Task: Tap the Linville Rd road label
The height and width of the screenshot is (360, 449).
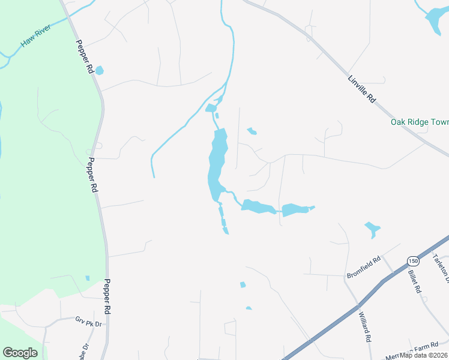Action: [362, 89]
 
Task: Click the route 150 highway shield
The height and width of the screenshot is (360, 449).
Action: [412, 260]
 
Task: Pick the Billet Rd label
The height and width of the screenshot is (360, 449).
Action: [416, 281]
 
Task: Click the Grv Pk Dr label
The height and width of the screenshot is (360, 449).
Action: [89, 322]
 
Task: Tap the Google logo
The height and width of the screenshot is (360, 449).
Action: [20, 353]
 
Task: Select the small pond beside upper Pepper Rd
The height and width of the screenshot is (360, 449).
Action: [99, 70]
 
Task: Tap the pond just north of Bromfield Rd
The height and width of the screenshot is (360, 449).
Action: [372, 229]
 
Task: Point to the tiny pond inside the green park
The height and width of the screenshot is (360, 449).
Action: [87, 278]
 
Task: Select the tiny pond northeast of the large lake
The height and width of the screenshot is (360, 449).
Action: [252, 131]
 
